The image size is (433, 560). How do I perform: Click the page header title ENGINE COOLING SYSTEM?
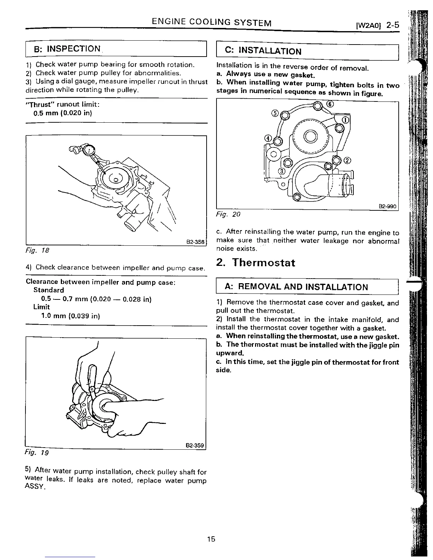(212, 23)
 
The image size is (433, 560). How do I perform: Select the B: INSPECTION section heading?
(67, 49)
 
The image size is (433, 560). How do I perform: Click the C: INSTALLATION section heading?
(263, 51)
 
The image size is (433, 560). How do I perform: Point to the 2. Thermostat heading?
(255, 263)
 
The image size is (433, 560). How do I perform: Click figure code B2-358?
(195, 242)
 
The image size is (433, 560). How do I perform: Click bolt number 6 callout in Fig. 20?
(330, 104)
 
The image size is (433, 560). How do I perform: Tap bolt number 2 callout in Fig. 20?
(347, 161)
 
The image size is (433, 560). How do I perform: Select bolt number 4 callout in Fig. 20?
(269, 138)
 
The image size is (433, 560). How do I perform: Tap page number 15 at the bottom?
(211, 539)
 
